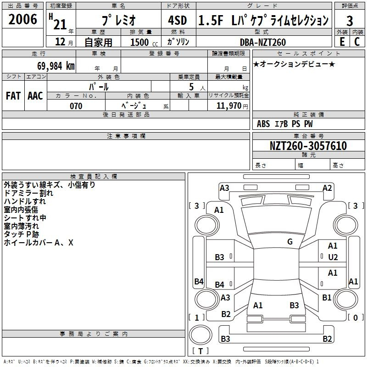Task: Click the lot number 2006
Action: (22, 19)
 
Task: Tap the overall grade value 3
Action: (350, 21)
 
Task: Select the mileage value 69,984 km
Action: (56, 66)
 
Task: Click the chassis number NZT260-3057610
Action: (308, 145)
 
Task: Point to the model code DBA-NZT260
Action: (263, 42)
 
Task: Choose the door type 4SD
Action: (178, 20)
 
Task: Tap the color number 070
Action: (76, 106)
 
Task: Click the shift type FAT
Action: (13, 96)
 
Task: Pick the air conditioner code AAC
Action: (35, 96)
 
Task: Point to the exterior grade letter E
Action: (342, 42)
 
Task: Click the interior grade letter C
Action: (357, 42)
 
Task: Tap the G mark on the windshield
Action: (290, 242)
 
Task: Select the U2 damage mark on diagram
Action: (333, 257)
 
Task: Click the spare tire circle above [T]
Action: (200, 335)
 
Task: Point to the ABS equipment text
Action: (263, 124)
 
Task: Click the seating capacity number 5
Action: (191, 87)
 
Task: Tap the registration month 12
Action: (60, 42)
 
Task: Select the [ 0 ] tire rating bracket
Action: (356, 317)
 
